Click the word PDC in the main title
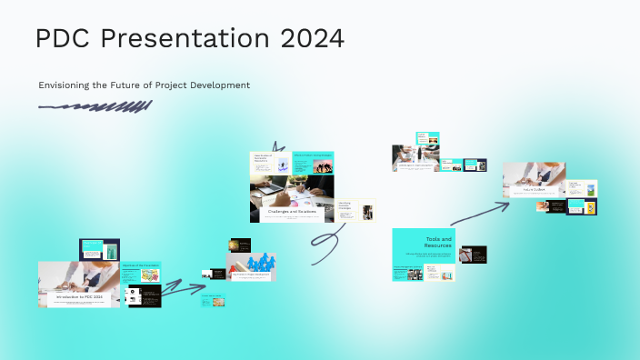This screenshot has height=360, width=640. coord(67,39)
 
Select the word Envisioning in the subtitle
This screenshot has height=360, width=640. coord(68,85)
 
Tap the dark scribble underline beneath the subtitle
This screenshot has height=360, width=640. coord(95,107)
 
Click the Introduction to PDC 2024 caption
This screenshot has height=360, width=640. coord(80,296)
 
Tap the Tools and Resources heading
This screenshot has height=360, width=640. coord(438,242)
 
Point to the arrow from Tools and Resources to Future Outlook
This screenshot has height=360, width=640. coord(480,214)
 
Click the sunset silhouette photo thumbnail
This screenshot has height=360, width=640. coord(239,245)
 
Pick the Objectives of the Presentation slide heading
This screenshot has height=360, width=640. coord(141,265)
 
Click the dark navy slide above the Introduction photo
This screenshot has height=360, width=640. coord(99,248)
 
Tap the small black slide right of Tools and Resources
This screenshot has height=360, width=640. coord(473,255)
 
